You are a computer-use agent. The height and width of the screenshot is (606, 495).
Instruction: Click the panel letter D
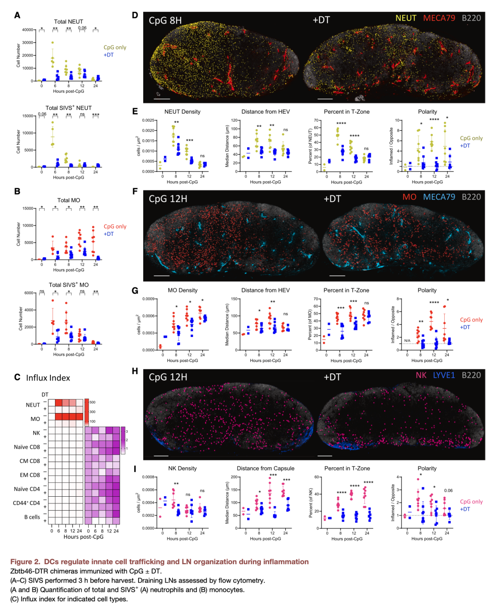pyautogui.click(x=135, y=15)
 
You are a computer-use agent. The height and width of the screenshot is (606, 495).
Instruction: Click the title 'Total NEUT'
pyautogui.click(x=68, y=22)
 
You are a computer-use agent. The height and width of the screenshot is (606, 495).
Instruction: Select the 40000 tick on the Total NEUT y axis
pyautogui.click(x=28, y=30)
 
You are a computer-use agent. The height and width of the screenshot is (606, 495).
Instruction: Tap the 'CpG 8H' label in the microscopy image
pyautogui.click(x=165, y=20)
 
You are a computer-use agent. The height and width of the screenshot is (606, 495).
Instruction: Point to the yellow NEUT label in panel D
pyautogui.click(x=406, y=18)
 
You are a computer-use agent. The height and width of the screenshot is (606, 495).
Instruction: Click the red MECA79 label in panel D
pyautogui.click(x=439, y=18)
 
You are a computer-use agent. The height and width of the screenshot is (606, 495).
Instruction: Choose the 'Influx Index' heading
pyautogui.click(x=48, y=378)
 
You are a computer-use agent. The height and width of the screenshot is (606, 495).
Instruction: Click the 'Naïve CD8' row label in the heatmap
pyautogui.click(x=27, y=447)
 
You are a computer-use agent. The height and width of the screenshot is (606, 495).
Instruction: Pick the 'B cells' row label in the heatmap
pyautogui.click(x=32, y=517)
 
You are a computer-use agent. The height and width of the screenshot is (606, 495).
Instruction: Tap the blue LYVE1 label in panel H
pyautogui.click(x=444, y=375)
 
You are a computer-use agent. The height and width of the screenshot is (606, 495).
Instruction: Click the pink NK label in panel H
pyautogui.click(x=421, y=375)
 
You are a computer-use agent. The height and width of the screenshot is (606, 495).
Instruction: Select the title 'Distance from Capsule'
pyautogui.click(x=265, y=469)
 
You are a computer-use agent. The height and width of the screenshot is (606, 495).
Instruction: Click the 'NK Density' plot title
pyautogui.click(x=182, y=469)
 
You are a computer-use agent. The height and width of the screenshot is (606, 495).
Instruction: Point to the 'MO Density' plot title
pyautogui.click(x=182, y=291)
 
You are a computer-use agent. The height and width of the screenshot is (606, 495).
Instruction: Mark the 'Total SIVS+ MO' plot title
pyautogui.click(x=69, y=285)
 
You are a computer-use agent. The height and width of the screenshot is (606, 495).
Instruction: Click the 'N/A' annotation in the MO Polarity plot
pyautogui.click(x=407, y=341)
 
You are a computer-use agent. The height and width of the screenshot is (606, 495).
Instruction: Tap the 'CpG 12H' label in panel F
pyautogui.click(x=168, y=199)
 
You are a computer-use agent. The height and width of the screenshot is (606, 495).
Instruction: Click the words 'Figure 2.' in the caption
pyautogui.click(x=25, y=562)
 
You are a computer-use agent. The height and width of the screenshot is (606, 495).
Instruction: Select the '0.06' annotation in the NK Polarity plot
pyautogui.click(x=448, y=491)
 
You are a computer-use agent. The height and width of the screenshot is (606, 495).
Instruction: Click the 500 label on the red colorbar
pyautogui.click(x=93, y=402)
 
